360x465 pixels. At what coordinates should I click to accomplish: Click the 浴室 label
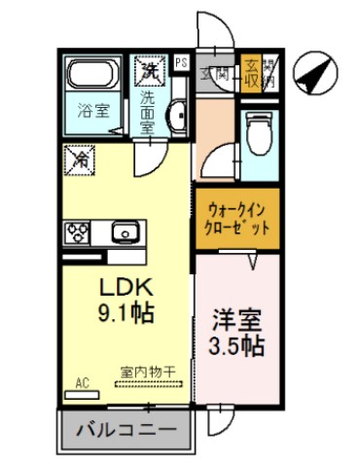pos(91,111)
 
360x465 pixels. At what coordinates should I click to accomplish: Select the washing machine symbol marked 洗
pos(150,70)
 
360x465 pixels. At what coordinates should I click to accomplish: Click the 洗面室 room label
pos(149,110)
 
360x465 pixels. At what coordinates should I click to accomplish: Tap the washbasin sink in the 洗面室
pos(176,117)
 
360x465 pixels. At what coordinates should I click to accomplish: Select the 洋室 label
pos(238,320)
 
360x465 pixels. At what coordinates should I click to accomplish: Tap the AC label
pos(82,384)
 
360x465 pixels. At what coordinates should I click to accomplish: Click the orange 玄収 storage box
pos(251,74)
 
